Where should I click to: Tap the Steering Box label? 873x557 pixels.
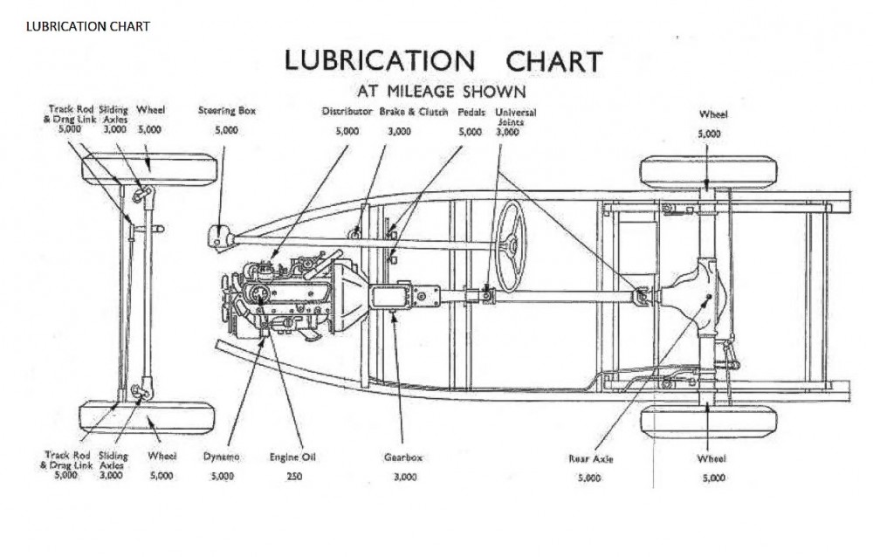click(226, 112)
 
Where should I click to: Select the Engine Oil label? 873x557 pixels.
click(294, 457)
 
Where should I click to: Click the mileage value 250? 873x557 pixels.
click(294, 478)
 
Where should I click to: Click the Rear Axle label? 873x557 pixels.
click(588, 457)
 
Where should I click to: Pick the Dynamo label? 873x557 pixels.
click(222, 457)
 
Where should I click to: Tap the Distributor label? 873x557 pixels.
click(347, 112)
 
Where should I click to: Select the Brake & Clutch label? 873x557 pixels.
click(413, 112)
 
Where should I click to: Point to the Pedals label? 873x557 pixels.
click(471, 112)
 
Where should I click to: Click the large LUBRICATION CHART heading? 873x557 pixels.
click(443, 61)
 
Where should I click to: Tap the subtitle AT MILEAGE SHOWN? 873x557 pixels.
click(441, 90)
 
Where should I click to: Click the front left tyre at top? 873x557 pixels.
click(148, 168)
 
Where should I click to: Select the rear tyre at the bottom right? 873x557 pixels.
click(708, 423)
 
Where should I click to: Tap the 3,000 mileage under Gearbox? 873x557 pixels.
click(404, 478)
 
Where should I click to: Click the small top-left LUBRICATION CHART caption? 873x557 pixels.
click(87, 26)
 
